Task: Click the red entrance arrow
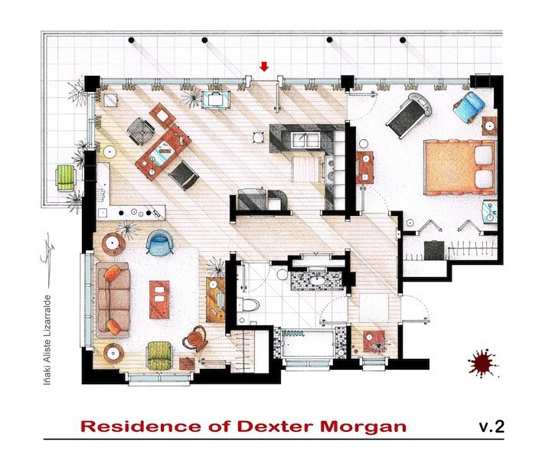[264, 66]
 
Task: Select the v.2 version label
[492, 426]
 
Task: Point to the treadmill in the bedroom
[410, 115]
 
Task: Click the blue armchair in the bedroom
[469, 106]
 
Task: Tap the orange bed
[460, 167]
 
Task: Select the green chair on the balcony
[66, 178]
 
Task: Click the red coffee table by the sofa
[159, 299]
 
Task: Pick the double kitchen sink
[305, 140]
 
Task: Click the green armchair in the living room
[159, 356]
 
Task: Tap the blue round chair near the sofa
[159, 242]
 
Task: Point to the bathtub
[308, 343]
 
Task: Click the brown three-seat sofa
[113, 299]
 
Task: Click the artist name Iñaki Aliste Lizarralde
[47, 340]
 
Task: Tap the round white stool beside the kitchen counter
[259, 137]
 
